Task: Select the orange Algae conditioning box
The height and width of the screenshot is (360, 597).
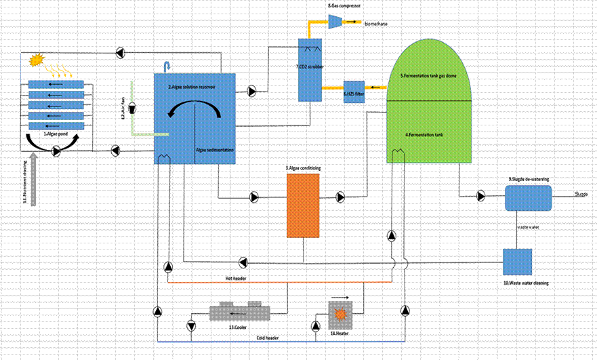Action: click(x=302, y=205)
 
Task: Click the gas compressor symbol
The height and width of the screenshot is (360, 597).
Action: click(x=336, y=22)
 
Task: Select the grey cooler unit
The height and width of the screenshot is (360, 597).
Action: click(x=239, y=312)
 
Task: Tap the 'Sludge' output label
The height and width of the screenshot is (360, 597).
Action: click(x=581, y=194)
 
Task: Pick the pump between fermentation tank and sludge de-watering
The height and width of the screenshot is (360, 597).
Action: click(x=480, y=197)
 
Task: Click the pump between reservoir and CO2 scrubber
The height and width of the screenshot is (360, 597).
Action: click(x=251, y=89)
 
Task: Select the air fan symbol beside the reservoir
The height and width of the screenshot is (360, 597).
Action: click(x=133, y=107)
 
